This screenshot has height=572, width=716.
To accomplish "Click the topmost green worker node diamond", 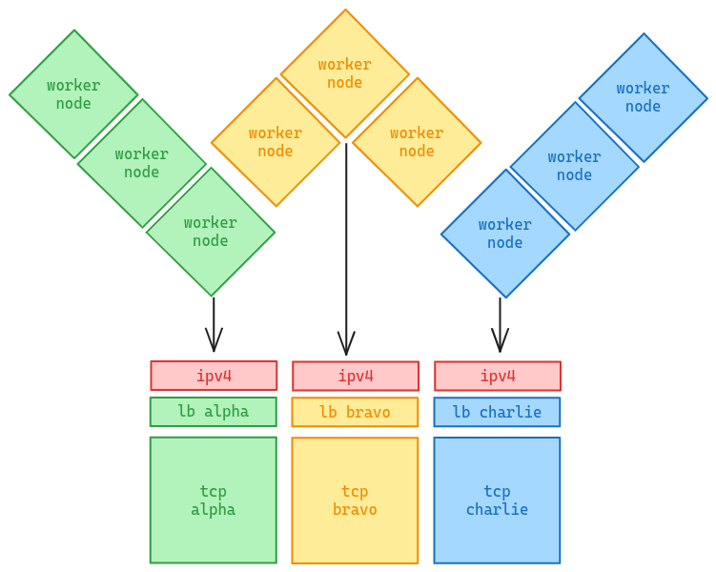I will click(x=73, y=94).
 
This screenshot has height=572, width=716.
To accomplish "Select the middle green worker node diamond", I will click(x=141, y=163).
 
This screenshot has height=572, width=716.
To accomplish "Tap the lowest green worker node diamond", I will click(x=210, y=232).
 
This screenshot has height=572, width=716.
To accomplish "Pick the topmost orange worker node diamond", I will click(x=344, y=73).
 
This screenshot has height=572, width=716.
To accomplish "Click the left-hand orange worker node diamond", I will click(x=276, y=142).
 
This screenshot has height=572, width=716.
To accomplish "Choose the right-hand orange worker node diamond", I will click(x=417, y=142).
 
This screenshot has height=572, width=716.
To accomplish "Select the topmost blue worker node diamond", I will click(x=643, y=97).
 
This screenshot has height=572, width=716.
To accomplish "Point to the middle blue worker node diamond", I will click(x=574, y=166).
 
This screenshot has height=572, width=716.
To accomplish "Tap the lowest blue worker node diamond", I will click(x=504, y=234).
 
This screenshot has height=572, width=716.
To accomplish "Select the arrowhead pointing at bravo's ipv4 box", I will click(x=346, y=344).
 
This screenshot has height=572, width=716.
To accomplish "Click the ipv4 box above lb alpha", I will click(x=214, y=376).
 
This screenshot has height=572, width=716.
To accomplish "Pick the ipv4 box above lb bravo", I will click(x=355, y=377).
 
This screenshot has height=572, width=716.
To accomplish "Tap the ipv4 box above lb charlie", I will click(x=497, y=377).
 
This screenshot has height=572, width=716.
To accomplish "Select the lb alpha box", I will click(x=214, y=412).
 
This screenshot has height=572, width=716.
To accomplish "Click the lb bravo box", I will click(x=355, y=413).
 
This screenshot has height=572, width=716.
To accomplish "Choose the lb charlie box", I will click(x=497, y=413).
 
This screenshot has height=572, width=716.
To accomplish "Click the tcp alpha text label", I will click(x=214, y=500).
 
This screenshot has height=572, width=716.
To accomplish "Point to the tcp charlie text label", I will click(x=497, y=500).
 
